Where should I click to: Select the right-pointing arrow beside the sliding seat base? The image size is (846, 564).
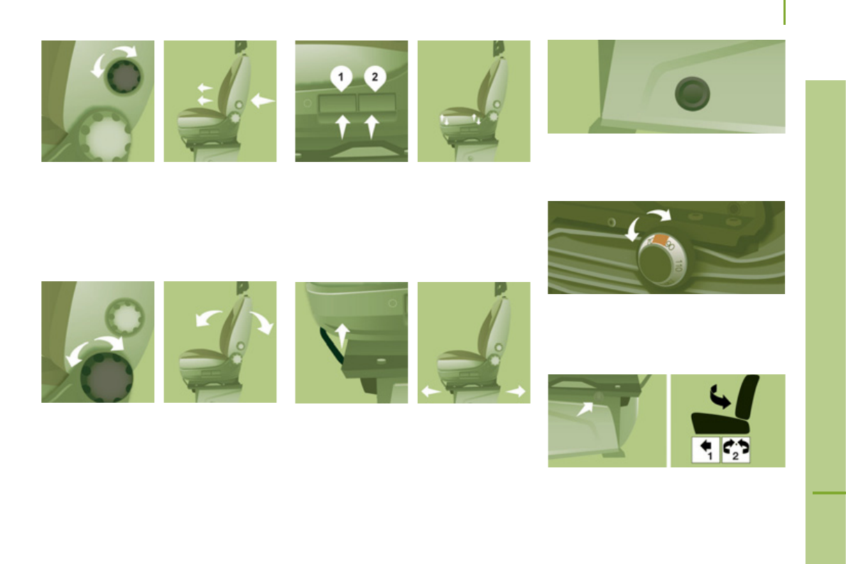click(x=516, y=390)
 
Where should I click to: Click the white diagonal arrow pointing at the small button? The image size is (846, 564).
click(x=587, y=407)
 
